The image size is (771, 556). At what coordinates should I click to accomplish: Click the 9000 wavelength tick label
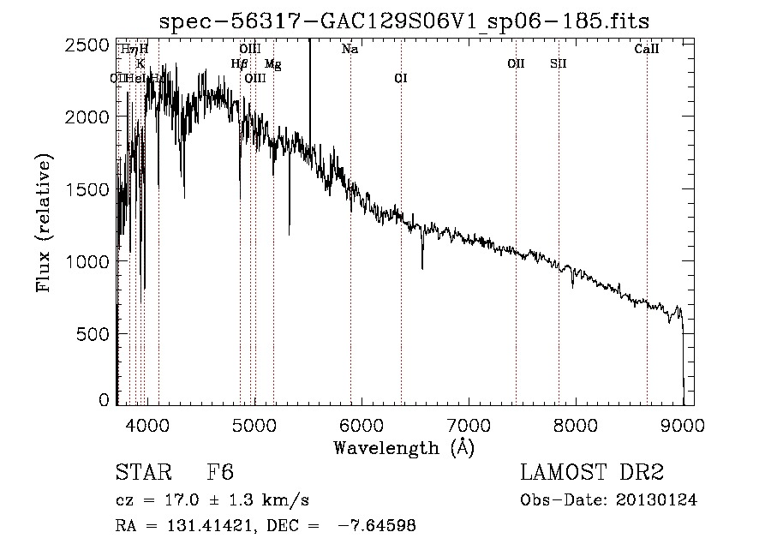pyautogui.click(x=683, y=423)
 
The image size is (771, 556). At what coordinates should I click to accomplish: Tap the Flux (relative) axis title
pyautogui.click(x=44, y=224)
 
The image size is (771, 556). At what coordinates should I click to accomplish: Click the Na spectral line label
pyautogui.click(x=350, y=50)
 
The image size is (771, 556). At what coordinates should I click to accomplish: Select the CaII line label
pyautogui.click(x=647, y=50)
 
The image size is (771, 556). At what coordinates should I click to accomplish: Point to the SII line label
pyautogui.click(x=558, y=64)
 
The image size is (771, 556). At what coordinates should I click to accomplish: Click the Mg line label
pyautogui.click(x=272, y=64)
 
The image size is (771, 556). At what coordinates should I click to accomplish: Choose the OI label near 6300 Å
pyautogui.click(x=400, y=79)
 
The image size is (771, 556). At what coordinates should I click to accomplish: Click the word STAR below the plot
pyautogui.click(x=142, y=473)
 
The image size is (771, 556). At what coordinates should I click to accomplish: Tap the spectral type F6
pyautogui.click(x=220, y=473)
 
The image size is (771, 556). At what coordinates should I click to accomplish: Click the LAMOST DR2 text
pyautogui.click(x=592, y=473)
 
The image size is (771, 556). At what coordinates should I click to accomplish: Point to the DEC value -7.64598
pyautogui.click(x=378, y=526)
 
